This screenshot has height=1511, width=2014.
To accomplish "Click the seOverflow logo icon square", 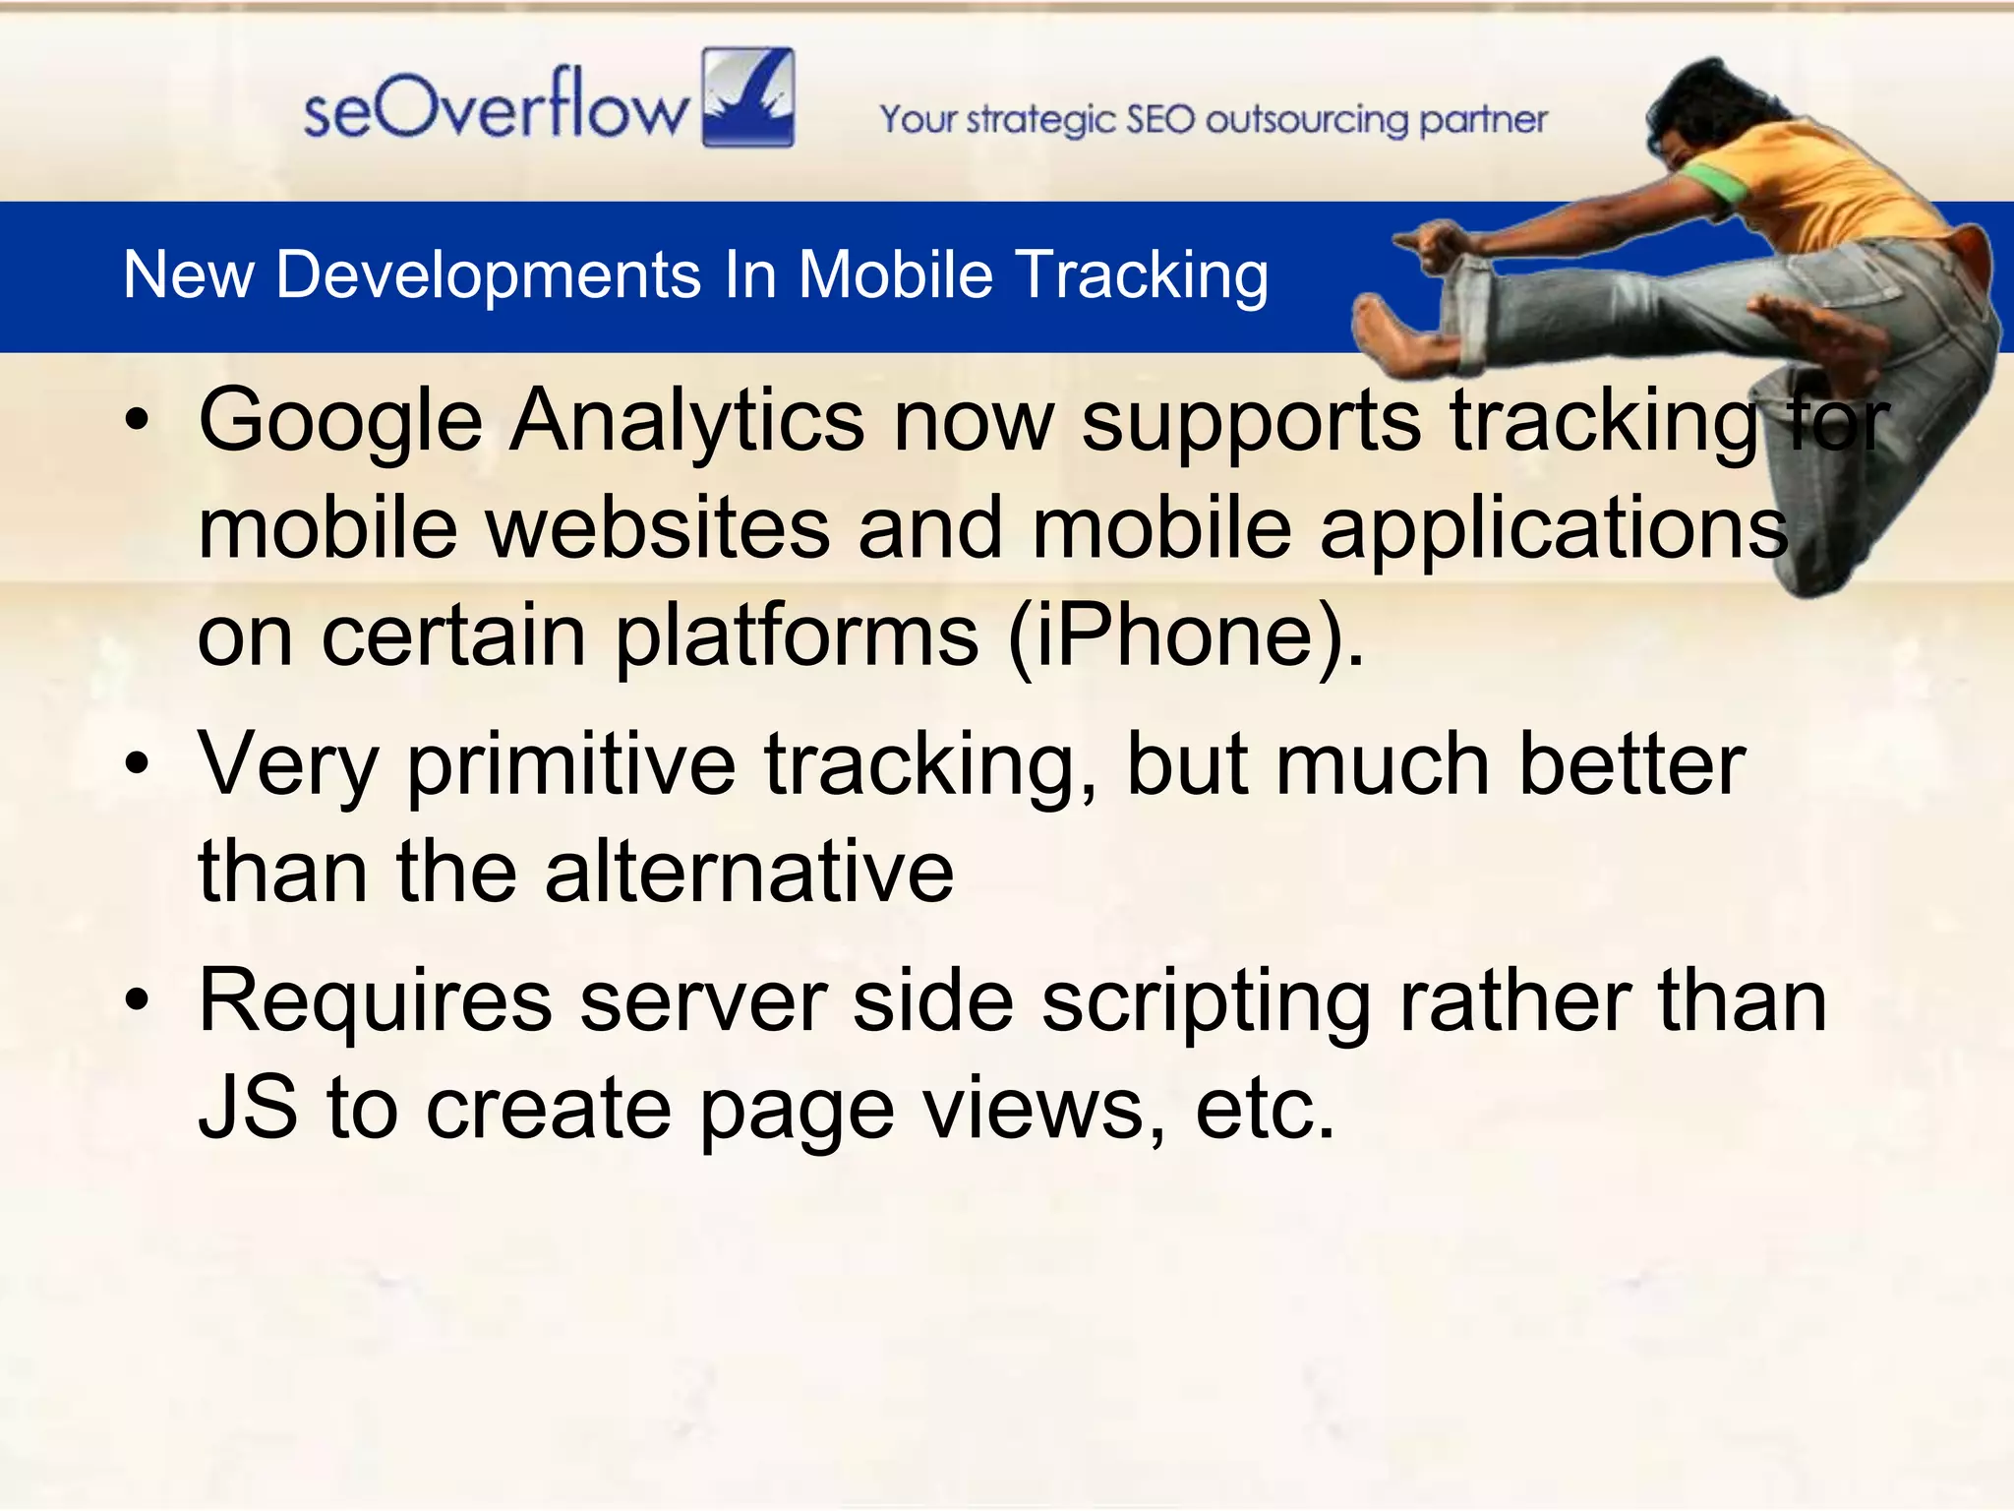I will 748,97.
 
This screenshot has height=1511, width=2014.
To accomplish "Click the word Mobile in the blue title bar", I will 895,274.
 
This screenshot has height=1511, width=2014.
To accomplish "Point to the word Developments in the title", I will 489,276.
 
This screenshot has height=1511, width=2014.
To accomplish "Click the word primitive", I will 571,766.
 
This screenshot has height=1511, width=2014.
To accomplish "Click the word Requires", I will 375,1002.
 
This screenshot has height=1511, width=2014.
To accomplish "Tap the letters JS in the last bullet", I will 248,1109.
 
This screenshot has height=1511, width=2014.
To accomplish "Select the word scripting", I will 1206,1004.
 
